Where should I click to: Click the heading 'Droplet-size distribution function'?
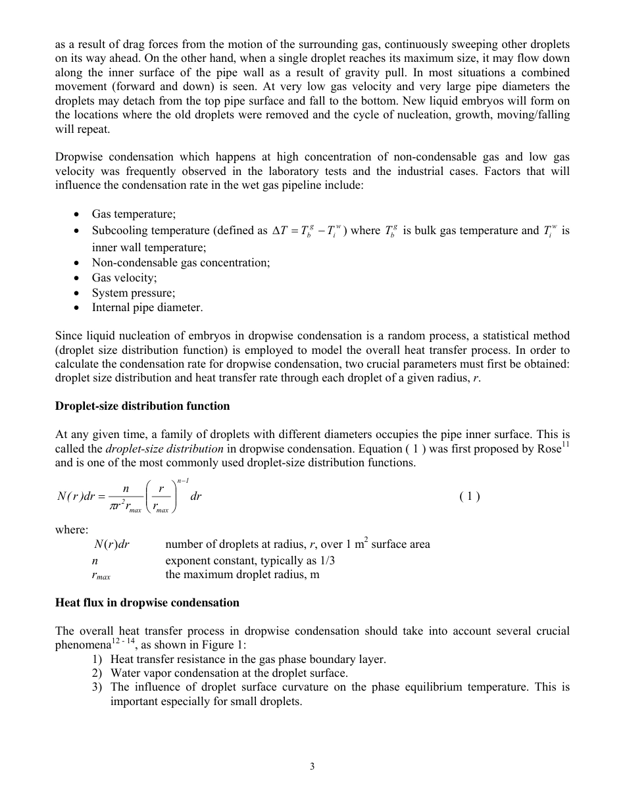point(142,406)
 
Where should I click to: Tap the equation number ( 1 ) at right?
point(469,497)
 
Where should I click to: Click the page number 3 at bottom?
point(312,766)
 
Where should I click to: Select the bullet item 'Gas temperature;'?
point(134,214)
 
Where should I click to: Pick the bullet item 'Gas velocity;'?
point(124,278)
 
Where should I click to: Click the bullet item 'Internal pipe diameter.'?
point(147,307)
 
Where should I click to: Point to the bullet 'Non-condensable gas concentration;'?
point(180,262)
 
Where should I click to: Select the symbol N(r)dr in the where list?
point(112,544)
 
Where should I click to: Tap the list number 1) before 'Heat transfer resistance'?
point(97,659)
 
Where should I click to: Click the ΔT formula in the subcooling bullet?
point(309,231)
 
